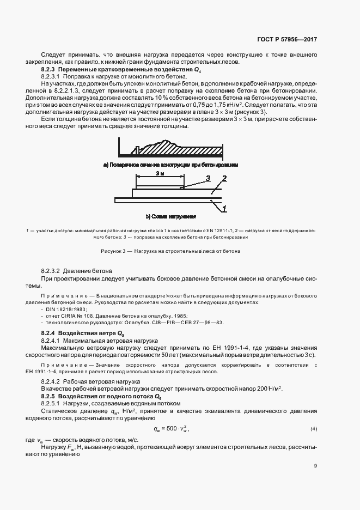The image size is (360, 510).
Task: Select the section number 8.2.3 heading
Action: [x=50, y=70]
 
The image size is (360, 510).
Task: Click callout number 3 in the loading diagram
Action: [x=208, y=178]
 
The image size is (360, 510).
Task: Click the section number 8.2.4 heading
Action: [x=50, y=332]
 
